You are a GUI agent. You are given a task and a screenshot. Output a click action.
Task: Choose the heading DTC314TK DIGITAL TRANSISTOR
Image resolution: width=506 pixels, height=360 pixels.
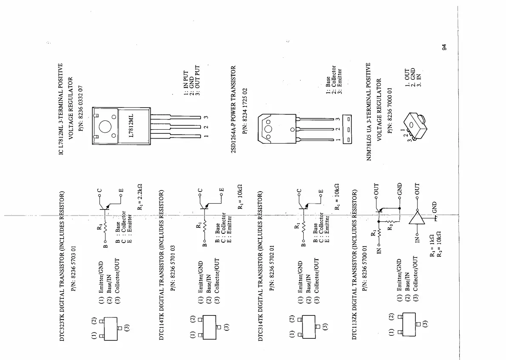pos(261,267)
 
